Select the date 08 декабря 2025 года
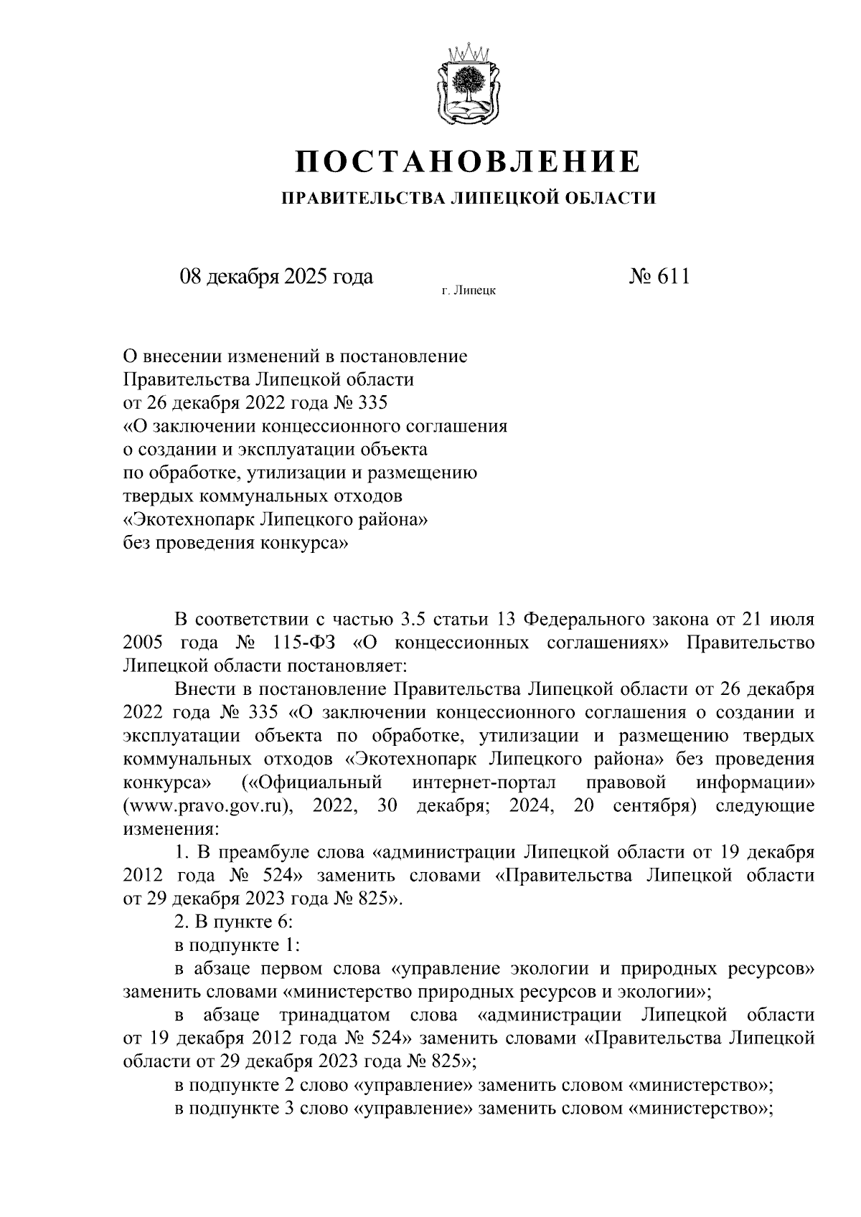tap(276, 276)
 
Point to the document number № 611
tap(658, 276)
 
